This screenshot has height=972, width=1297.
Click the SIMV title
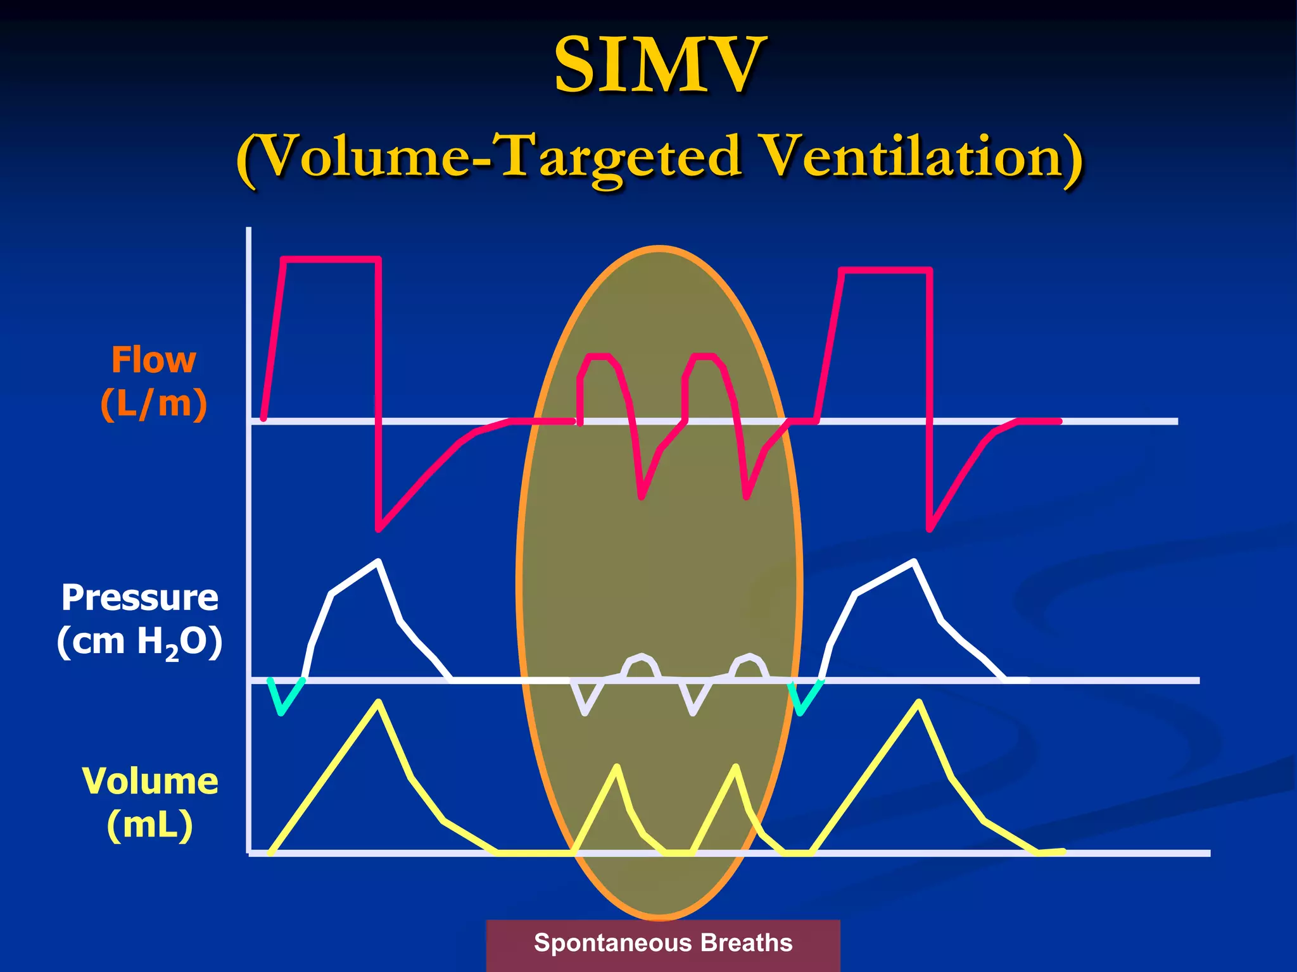coord(660,65)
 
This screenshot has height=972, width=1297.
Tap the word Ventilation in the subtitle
coord(921,156)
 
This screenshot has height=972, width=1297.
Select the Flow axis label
coord(153,360)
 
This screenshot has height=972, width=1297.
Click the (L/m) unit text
coord(153,404)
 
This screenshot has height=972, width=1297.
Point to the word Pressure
coord(139,597)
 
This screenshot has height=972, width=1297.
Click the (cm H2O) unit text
coord(139,642)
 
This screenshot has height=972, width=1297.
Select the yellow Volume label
coord(150,781)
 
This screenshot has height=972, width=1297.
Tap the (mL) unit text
coord(149,825)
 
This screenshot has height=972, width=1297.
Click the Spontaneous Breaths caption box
coord(662,943)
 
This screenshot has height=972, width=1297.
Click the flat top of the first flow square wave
coord(331,259)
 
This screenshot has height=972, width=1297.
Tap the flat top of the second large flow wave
coord(885,271)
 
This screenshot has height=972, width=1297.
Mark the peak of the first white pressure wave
coord(378,561)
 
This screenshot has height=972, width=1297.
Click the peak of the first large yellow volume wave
coord(378,702)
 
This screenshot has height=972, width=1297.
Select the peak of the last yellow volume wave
coord(918,702)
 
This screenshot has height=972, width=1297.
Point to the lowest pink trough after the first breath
coord(379,529)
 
